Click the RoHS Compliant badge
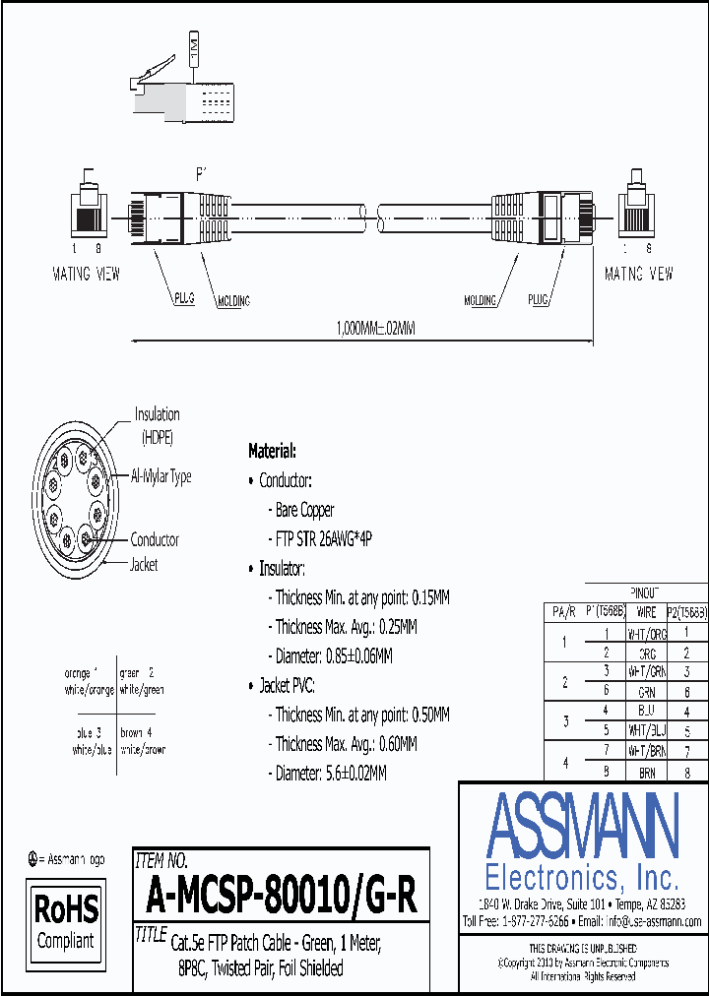(x=66, y=919)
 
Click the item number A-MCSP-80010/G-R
(x=282, y=896)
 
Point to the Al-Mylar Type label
(x=161, y=476)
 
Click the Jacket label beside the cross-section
(x=144, y=565)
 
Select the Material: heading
(x=272, y=451)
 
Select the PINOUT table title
(x=645, y=591)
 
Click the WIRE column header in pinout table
(x=646, y=612)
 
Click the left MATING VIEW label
(x=86, y=274)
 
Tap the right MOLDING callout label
(x=481, y=300)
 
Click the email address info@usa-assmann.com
(x=653, y=921)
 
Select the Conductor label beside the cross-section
(x=155, y=539)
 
